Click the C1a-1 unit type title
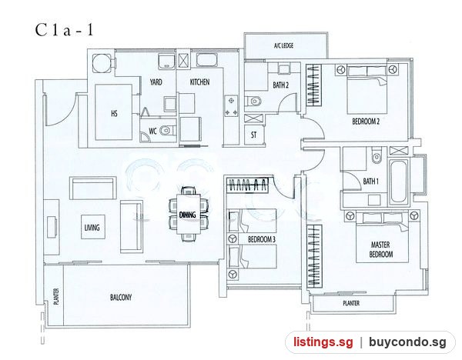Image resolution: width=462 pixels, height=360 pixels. click(64, 30)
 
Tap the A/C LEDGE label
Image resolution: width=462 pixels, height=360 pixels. click(283, 45)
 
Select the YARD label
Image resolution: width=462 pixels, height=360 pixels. click(156, 82)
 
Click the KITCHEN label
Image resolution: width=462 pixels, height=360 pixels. click(199, 82)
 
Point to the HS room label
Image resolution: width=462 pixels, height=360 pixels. click(114, 113)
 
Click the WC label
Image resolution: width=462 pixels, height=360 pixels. click(152, 131)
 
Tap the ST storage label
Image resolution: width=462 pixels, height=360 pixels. click(253, 135)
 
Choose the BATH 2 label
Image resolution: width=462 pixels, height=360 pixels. click(280, 85)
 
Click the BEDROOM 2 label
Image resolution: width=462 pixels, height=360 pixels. click(366, 122)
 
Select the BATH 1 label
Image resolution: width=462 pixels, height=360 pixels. click(370, 182)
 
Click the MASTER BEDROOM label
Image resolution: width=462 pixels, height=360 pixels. click(381, 249)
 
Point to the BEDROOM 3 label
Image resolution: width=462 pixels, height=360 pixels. click(261, 239)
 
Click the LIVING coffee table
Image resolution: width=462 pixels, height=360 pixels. click(93, 227)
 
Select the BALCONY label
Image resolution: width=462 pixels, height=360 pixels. click(121, 297)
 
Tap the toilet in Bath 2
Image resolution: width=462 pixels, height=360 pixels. click(253, 102)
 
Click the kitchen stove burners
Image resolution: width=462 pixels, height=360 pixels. click(231, 106)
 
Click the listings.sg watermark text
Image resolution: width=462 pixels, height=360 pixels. click(323, 342)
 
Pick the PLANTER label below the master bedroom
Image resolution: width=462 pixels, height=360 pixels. click(351, 303)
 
